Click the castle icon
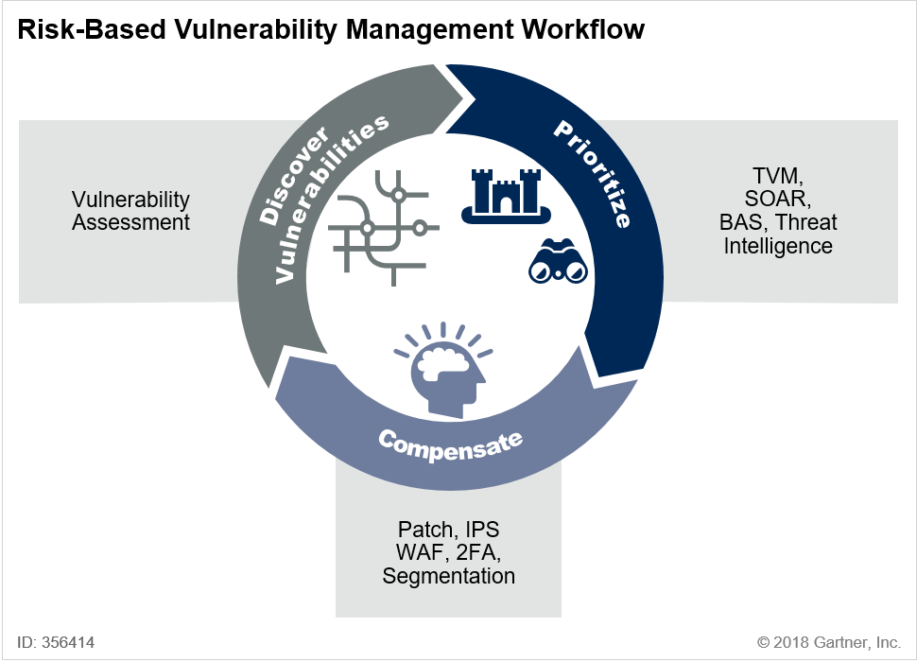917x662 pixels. [507, 196]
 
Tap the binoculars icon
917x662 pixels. [558, 261]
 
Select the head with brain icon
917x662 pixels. [443, 370]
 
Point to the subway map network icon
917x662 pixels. [384, 228]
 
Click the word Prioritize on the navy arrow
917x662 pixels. [593, 174]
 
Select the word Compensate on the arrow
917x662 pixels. [450, 444]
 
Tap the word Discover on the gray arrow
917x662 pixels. [294, 176]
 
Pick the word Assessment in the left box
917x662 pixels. [131, 223]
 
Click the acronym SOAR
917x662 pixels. [777, 199]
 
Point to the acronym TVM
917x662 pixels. [777, 176]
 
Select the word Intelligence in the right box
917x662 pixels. [778, 246]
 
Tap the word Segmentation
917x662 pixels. [448, 576]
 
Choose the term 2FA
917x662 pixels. [478, 552]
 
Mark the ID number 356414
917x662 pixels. [68, 642]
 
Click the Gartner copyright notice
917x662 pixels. [829, 642]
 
